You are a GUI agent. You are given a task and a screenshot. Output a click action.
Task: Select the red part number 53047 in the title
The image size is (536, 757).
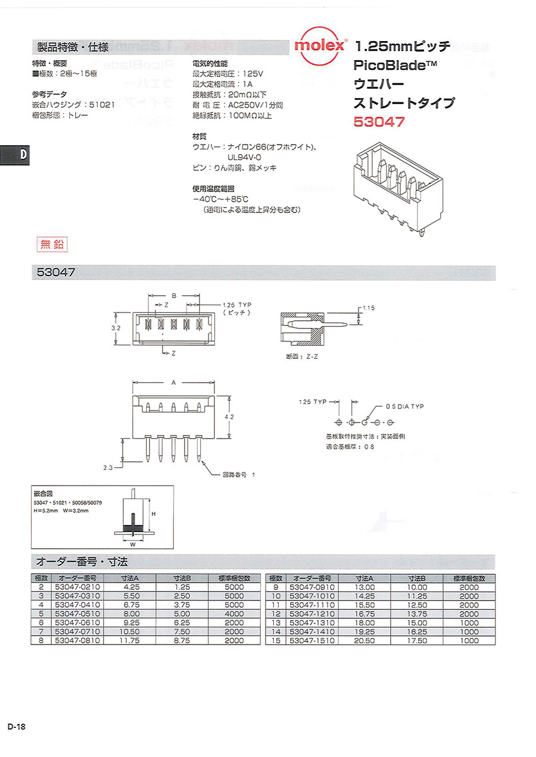379,122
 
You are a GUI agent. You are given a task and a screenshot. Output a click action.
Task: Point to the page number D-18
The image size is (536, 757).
16,727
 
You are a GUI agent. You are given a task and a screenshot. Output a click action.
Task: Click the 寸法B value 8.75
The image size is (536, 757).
182,640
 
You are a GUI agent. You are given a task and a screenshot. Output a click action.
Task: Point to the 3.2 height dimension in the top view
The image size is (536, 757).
116,327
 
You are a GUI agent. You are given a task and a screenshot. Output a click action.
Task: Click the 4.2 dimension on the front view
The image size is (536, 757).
229,418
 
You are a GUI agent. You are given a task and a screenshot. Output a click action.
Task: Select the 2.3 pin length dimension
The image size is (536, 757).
107,468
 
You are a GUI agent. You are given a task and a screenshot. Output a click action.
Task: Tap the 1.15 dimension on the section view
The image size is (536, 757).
367,308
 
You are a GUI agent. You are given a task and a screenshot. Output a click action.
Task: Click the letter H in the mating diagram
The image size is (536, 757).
152,513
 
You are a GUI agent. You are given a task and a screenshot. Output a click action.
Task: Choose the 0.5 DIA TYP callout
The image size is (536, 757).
405,406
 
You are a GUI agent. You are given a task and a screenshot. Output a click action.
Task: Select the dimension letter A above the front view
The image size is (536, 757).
173,383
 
